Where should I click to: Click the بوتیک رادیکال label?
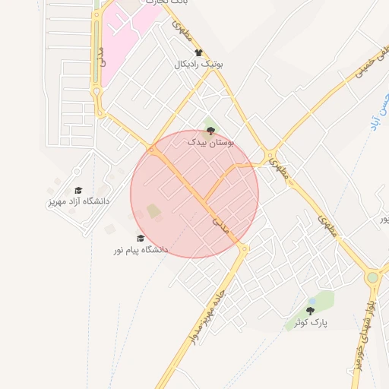point(199,65)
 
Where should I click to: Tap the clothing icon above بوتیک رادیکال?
point(199,53)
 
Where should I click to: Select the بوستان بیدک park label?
point(212,142)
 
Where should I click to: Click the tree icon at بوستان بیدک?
point(211,131)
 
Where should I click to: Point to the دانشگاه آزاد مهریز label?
point(77,201)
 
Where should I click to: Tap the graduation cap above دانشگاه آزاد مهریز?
point(78,191)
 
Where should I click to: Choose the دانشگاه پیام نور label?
point(141,249)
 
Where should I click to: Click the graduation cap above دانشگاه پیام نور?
point(141,238)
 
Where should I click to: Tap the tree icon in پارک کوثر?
point(310,310)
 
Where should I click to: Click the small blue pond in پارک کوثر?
point(312,301)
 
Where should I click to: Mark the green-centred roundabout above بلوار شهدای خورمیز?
point(372,278)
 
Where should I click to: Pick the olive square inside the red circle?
point(153,210)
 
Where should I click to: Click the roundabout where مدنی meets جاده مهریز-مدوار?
point(244,248)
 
